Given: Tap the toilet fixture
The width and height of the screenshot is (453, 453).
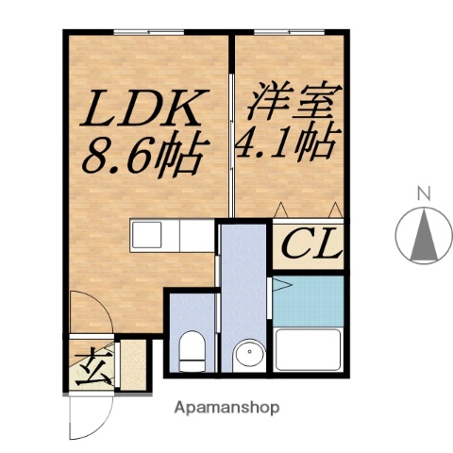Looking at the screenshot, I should pos(191,351).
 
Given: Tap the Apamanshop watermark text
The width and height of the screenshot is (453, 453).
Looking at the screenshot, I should pos(226,409).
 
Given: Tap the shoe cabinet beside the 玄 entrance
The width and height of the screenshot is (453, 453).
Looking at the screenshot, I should pos(132,365).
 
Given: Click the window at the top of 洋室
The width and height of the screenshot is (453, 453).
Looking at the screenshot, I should pos(289,33).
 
